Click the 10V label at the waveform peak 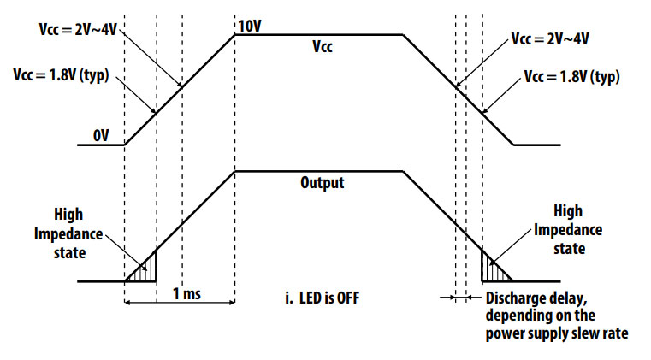coord(250,27)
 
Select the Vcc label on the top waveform coord(322,48)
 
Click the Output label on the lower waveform coord(322,183)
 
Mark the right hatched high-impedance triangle coord(491,269)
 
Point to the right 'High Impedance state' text coord(568,229)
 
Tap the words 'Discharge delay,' coord(536,298)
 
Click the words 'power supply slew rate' coord(557,333)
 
